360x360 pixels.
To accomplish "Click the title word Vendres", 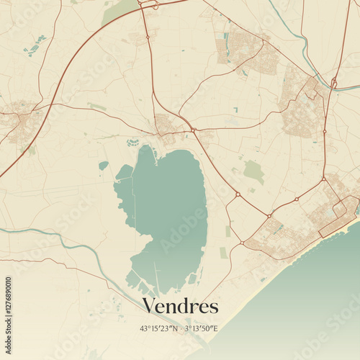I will (x=180, y=306).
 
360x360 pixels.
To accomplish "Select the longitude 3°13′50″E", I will (x=202, y=329).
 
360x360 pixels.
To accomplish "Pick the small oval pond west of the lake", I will (x=104, y=166).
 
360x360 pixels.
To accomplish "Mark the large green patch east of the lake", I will (x=253, y=171).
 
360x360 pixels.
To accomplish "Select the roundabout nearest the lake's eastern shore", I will (x=238, y=194).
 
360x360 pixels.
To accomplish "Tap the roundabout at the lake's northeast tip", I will (x=194, y=130).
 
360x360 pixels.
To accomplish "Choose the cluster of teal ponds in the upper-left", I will (x=35, y=47).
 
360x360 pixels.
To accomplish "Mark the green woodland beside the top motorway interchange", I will (x=119, y=11).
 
